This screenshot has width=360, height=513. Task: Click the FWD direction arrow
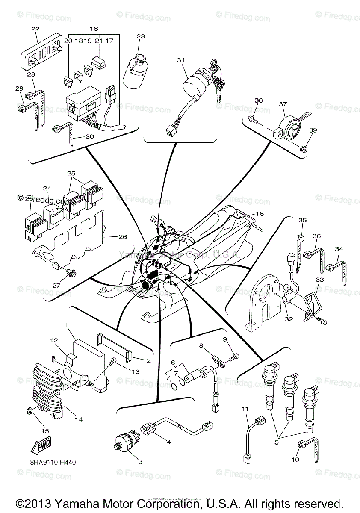[41, 446]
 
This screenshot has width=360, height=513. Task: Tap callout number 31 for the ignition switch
[180, 60]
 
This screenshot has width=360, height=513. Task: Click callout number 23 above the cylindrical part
[141, 37]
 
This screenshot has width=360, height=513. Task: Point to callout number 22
[35, 29]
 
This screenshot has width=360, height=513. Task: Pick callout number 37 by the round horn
[295, 103]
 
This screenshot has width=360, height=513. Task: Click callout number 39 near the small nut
[313, 130]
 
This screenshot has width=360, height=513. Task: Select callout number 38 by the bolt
[258, 101]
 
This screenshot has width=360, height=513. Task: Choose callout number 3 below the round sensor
[140, 462]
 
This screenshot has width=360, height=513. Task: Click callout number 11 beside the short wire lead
[245, 409]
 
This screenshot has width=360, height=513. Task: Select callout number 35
[303, 221]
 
